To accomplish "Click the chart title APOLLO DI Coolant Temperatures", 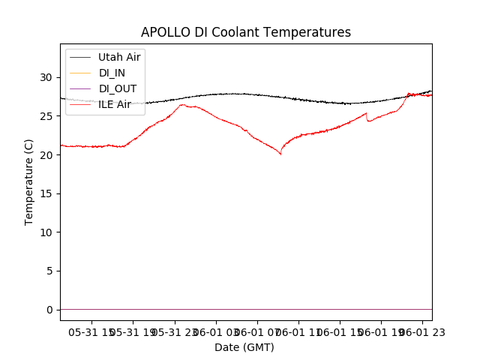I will click(x=246, y=32).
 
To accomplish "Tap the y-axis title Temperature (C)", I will click(x=29, y=181).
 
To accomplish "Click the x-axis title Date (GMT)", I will click(x=244, y=347).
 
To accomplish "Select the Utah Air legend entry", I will click(x=119, y=57).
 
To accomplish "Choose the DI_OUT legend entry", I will click(x=118, y=88).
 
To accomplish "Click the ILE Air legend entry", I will click(x=115, y=104).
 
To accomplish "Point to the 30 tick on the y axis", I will click(x=46, y=77).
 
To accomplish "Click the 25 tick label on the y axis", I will click(x=46, y=116).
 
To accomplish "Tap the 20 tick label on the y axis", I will click(x=46, y=155).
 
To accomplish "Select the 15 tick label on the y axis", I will click(x=46, y=193).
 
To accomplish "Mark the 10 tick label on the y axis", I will click(x=46, y=232).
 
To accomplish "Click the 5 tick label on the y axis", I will click(x=49, y=271).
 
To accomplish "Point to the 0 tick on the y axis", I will click(x=49, y=310).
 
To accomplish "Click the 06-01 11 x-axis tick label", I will click(x=298, y=332).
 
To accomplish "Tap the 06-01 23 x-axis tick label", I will click(x=421, y=332).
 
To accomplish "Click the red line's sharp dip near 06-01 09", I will click(x=280, y=154).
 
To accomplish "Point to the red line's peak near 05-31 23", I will click(x=182, y=105).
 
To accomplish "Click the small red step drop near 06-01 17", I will click(x=367, y=118).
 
